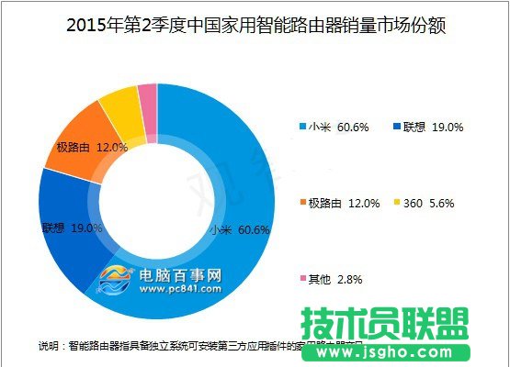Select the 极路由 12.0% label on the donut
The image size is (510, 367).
coord(88,146)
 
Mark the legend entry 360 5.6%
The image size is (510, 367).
coord(428,203)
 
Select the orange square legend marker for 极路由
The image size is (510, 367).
coord(300,203)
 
